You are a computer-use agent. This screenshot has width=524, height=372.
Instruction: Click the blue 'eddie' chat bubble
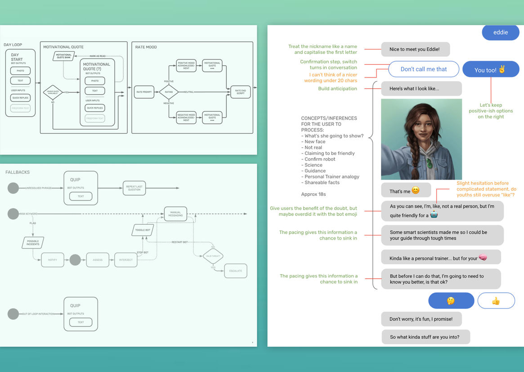click(500, 32)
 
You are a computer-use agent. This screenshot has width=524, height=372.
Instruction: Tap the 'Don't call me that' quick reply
click(424, 69)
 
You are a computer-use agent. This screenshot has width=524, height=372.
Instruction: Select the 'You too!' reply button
click(490, 70)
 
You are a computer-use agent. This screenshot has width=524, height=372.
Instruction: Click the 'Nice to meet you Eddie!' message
click(415, 50)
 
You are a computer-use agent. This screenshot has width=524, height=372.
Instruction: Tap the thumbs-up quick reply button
click(496, 301)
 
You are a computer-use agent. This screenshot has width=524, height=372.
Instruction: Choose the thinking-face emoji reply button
click(451, 301)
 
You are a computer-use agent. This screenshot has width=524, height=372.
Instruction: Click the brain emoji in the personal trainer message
click(483, 258)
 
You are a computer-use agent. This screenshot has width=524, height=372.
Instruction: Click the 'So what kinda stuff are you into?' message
click(425, 337)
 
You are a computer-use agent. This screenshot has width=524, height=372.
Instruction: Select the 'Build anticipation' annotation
click(337, 89)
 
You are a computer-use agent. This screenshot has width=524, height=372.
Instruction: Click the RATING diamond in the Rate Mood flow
click(169, 92)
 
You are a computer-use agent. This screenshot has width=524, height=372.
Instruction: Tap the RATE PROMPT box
click(144, 92)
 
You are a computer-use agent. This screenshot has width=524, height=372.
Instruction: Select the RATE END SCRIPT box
click(241, 92)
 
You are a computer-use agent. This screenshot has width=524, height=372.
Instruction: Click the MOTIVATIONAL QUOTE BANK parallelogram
click(64, 56)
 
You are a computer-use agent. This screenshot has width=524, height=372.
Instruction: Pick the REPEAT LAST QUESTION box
click(134, 188)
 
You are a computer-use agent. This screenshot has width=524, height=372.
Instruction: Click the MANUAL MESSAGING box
click(175, 214)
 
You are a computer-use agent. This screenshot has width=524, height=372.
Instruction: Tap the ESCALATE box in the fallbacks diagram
click(235, 271)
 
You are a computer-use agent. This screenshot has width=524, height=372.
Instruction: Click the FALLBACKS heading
click(18, 172)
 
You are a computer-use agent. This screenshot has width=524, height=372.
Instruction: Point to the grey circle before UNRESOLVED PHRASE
click(13, 188)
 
